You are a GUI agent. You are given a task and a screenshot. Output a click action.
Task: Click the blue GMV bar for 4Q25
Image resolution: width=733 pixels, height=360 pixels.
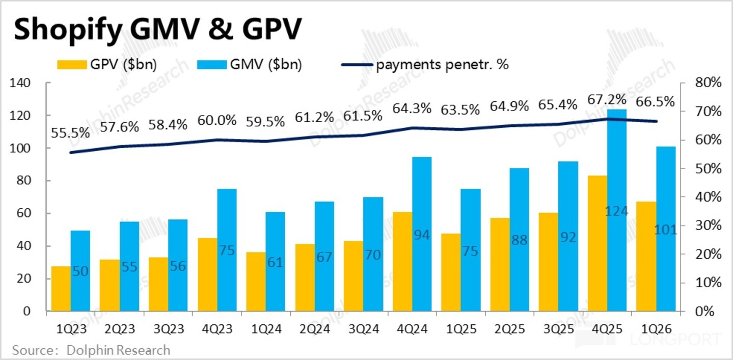[617, 210]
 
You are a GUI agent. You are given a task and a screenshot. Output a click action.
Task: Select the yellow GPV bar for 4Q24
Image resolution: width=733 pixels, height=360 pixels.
[402, 261]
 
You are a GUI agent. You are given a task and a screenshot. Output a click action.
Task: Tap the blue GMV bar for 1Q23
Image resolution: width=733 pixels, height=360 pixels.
[80, 271]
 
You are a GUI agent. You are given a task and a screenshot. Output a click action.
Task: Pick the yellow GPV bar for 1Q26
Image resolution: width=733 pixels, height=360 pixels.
[646, 256]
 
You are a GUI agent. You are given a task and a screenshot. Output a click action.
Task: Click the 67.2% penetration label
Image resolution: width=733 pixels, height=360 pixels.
[607, 99]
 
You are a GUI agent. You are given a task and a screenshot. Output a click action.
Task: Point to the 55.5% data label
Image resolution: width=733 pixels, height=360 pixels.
[70, 133]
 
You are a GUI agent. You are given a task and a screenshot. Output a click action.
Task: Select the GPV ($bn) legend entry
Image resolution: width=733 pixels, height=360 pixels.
[107, 65]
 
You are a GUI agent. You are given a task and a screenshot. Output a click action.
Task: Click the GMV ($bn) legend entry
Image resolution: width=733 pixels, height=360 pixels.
[250, 65]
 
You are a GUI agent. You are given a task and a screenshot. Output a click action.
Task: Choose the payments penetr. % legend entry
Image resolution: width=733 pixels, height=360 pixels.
[425, 65]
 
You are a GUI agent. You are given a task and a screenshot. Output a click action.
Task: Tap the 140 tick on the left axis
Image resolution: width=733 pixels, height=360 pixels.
[20, 82]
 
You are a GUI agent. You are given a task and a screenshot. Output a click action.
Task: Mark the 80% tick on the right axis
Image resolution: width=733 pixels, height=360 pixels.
[708, 82]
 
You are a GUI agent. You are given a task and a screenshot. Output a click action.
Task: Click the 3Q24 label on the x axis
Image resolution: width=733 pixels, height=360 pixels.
[364, 329]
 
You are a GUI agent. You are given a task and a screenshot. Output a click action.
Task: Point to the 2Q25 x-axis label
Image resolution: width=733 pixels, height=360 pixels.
[509, 329]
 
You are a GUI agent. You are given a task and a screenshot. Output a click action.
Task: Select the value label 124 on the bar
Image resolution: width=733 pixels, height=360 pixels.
[617, 211]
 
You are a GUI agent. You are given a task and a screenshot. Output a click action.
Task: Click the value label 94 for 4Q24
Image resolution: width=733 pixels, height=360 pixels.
[422, 235]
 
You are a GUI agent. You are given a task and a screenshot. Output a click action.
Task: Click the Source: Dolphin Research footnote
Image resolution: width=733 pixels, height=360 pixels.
[91, 350]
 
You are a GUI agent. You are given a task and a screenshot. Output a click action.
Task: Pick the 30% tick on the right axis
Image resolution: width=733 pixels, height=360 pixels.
[708, 225]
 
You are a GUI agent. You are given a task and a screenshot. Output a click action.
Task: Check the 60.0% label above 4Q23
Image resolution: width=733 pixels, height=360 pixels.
[216, 121]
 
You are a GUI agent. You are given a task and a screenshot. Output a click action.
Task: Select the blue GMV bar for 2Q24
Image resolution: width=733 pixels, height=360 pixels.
[324, 256]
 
